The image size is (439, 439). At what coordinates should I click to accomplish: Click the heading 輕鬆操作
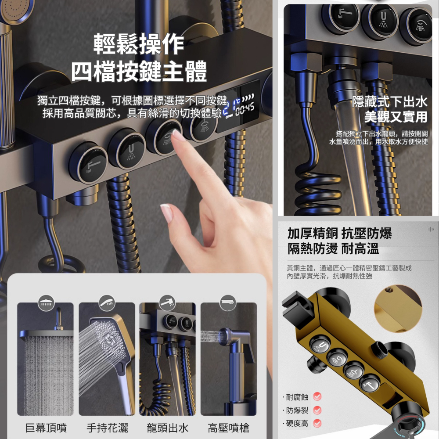[x=139, y=44]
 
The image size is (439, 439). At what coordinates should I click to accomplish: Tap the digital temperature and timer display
[x=238, y=106]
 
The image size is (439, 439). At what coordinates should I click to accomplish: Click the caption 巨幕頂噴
[x=46, y=428]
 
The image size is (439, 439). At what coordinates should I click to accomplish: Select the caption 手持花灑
[x=107, y=428]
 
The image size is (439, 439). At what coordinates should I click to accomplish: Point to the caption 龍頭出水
[x=168, y=428]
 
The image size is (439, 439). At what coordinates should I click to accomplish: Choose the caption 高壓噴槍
[x=228, y=428]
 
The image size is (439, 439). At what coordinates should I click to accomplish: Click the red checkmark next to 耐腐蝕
[x=317, y=396]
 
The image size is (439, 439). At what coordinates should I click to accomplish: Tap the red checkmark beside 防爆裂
[x=317, y=410]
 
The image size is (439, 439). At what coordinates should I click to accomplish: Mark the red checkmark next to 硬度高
[x=317, y=423]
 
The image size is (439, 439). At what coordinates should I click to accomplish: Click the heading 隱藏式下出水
[x=390, y=101]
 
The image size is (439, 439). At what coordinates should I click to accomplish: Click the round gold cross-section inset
[x=398, y=309]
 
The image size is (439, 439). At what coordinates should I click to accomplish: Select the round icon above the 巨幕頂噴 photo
[x=46, y=303]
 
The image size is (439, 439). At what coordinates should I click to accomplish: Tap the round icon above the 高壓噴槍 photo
[x=228, y=303]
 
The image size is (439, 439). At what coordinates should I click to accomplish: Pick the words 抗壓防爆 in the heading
[x=367, y=233]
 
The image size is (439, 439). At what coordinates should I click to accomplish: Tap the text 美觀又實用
[x=396, y=116]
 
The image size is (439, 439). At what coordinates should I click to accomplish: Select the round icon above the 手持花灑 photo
[x=107, y=303]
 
